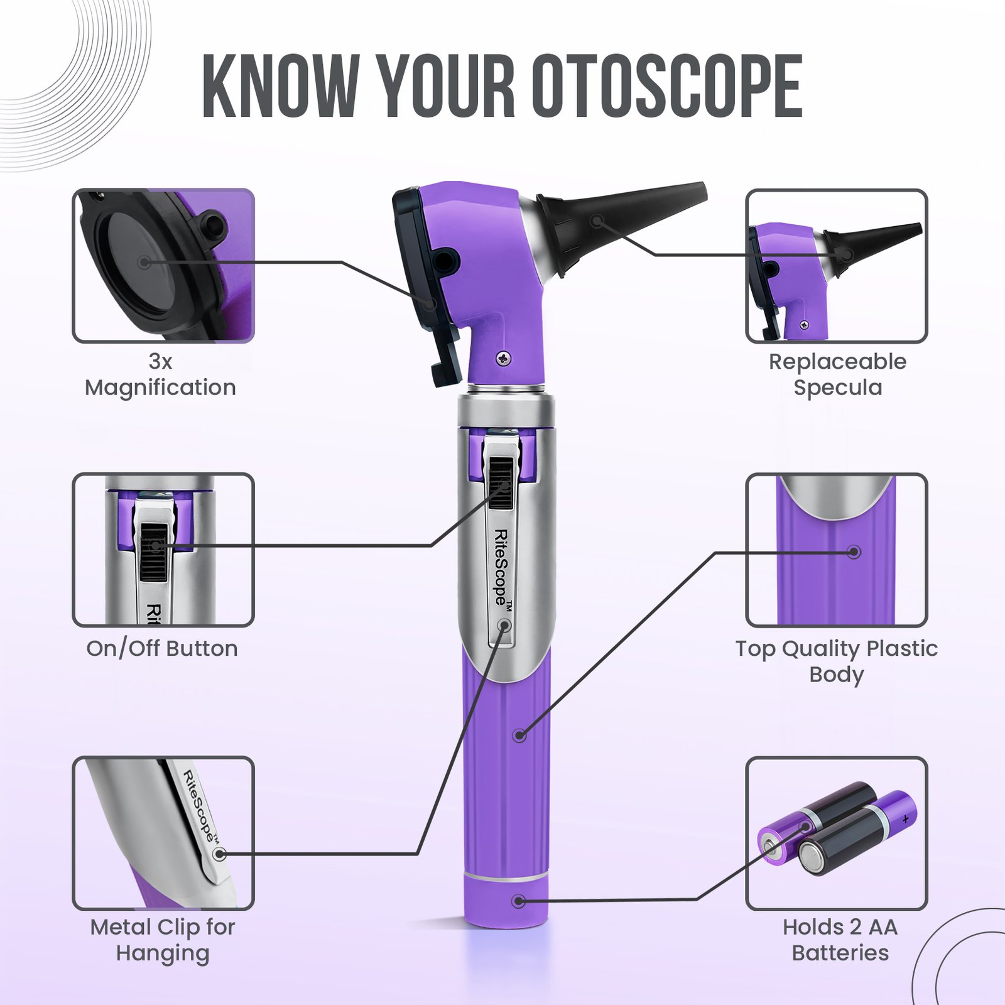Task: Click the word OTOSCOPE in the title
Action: (x=668, y=86)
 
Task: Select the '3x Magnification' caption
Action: (x=161, y=375)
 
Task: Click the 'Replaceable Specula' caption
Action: (x=837, y=375)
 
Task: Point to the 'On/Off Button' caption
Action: (x=162, y=648)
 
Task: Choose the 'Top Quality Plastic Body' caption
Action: (x=837, y=661)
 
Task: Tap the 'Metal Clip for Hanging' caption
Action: (x=163, y=940)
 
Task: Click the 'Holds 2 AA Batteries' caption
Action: (x=840, y=940)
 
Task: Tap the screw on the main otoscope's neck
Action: (x=504, y=359)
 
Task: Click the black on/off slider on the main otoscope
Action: (x=501, y=482)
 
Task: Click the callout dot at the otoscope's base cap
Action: (x=519, y=901)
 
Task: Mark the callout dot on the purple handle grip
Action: (x=519, y=735)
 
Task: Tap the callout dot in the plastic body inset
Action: (x=854, y=552)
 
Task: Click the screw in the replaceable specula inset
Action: (x=804, y=325)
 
